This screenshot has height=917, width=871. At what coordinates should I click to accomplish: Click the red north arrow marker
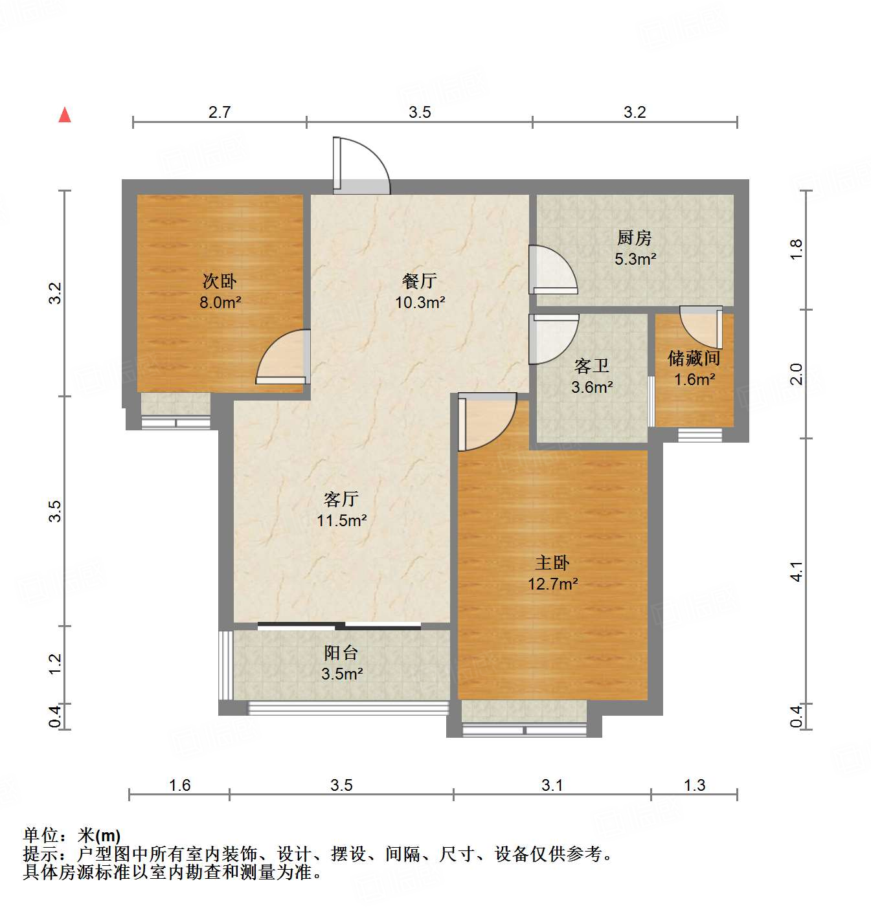coord(65,115)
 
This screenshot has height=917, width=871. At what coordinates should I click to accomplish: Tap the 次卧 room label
coord(220,282)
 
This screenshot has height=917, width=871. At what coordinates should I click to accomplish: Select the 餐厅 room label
coord(420,281)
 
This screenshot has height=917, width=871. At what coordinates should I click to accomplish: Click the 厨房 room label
coord(634,238)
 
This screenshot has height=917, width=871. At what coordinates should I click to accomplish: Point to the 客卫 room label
coord(591,366)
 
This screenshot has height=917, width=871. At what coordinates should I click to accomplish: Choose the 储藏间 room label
coord(694,358)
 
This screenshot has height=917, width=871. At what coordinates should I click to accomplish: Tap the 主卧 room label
coord(552,562)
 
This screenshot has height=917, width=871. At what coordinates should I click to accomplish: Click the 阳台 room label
coord(341,653)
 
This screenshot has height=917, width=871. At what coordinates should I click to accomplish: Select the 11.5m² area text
coord(342,520)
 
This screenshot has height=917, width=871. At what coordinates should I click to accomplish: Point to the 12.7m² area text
coord(552,584)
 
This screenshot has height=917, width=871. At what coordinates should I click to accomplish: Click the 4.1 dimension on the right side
coord(797,571)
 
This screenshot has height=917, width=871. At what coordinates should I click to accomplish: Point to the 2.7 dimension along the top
coord(220,112)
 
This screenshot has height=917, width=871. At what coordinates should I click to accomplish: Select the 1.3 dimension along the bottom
coord(694,785)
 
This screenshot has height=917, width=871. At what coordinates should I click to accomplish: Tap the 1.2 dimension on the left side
coord(56,663)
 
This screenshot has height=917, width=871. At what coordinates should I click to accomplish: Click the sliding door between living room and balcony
coord(339,626)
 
